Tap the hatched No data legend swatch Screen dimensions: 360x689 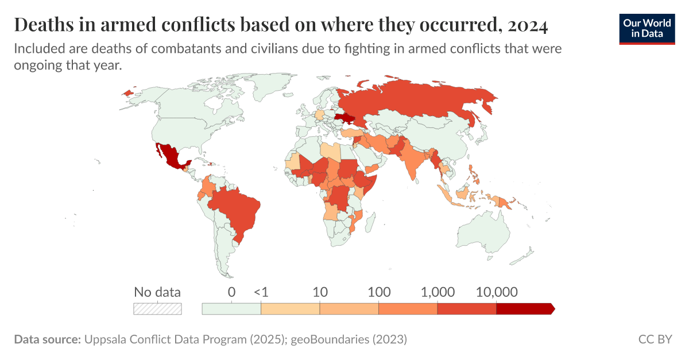click(x=157, y=309)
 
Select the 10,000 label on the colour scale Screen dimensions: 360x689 click(x=497, y=292)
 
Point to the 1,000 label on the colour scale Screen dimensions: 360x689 click(x=438, y=292)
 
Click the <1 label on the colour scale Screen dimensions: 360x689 click(x=261, y=292)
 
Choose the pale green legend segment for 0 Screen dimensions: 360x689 click(x=231, y=309)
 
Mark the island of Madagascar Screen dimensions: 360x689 click(x=370, y=222)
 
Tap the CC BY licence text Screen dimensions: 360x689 click(x=655, y=339)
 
